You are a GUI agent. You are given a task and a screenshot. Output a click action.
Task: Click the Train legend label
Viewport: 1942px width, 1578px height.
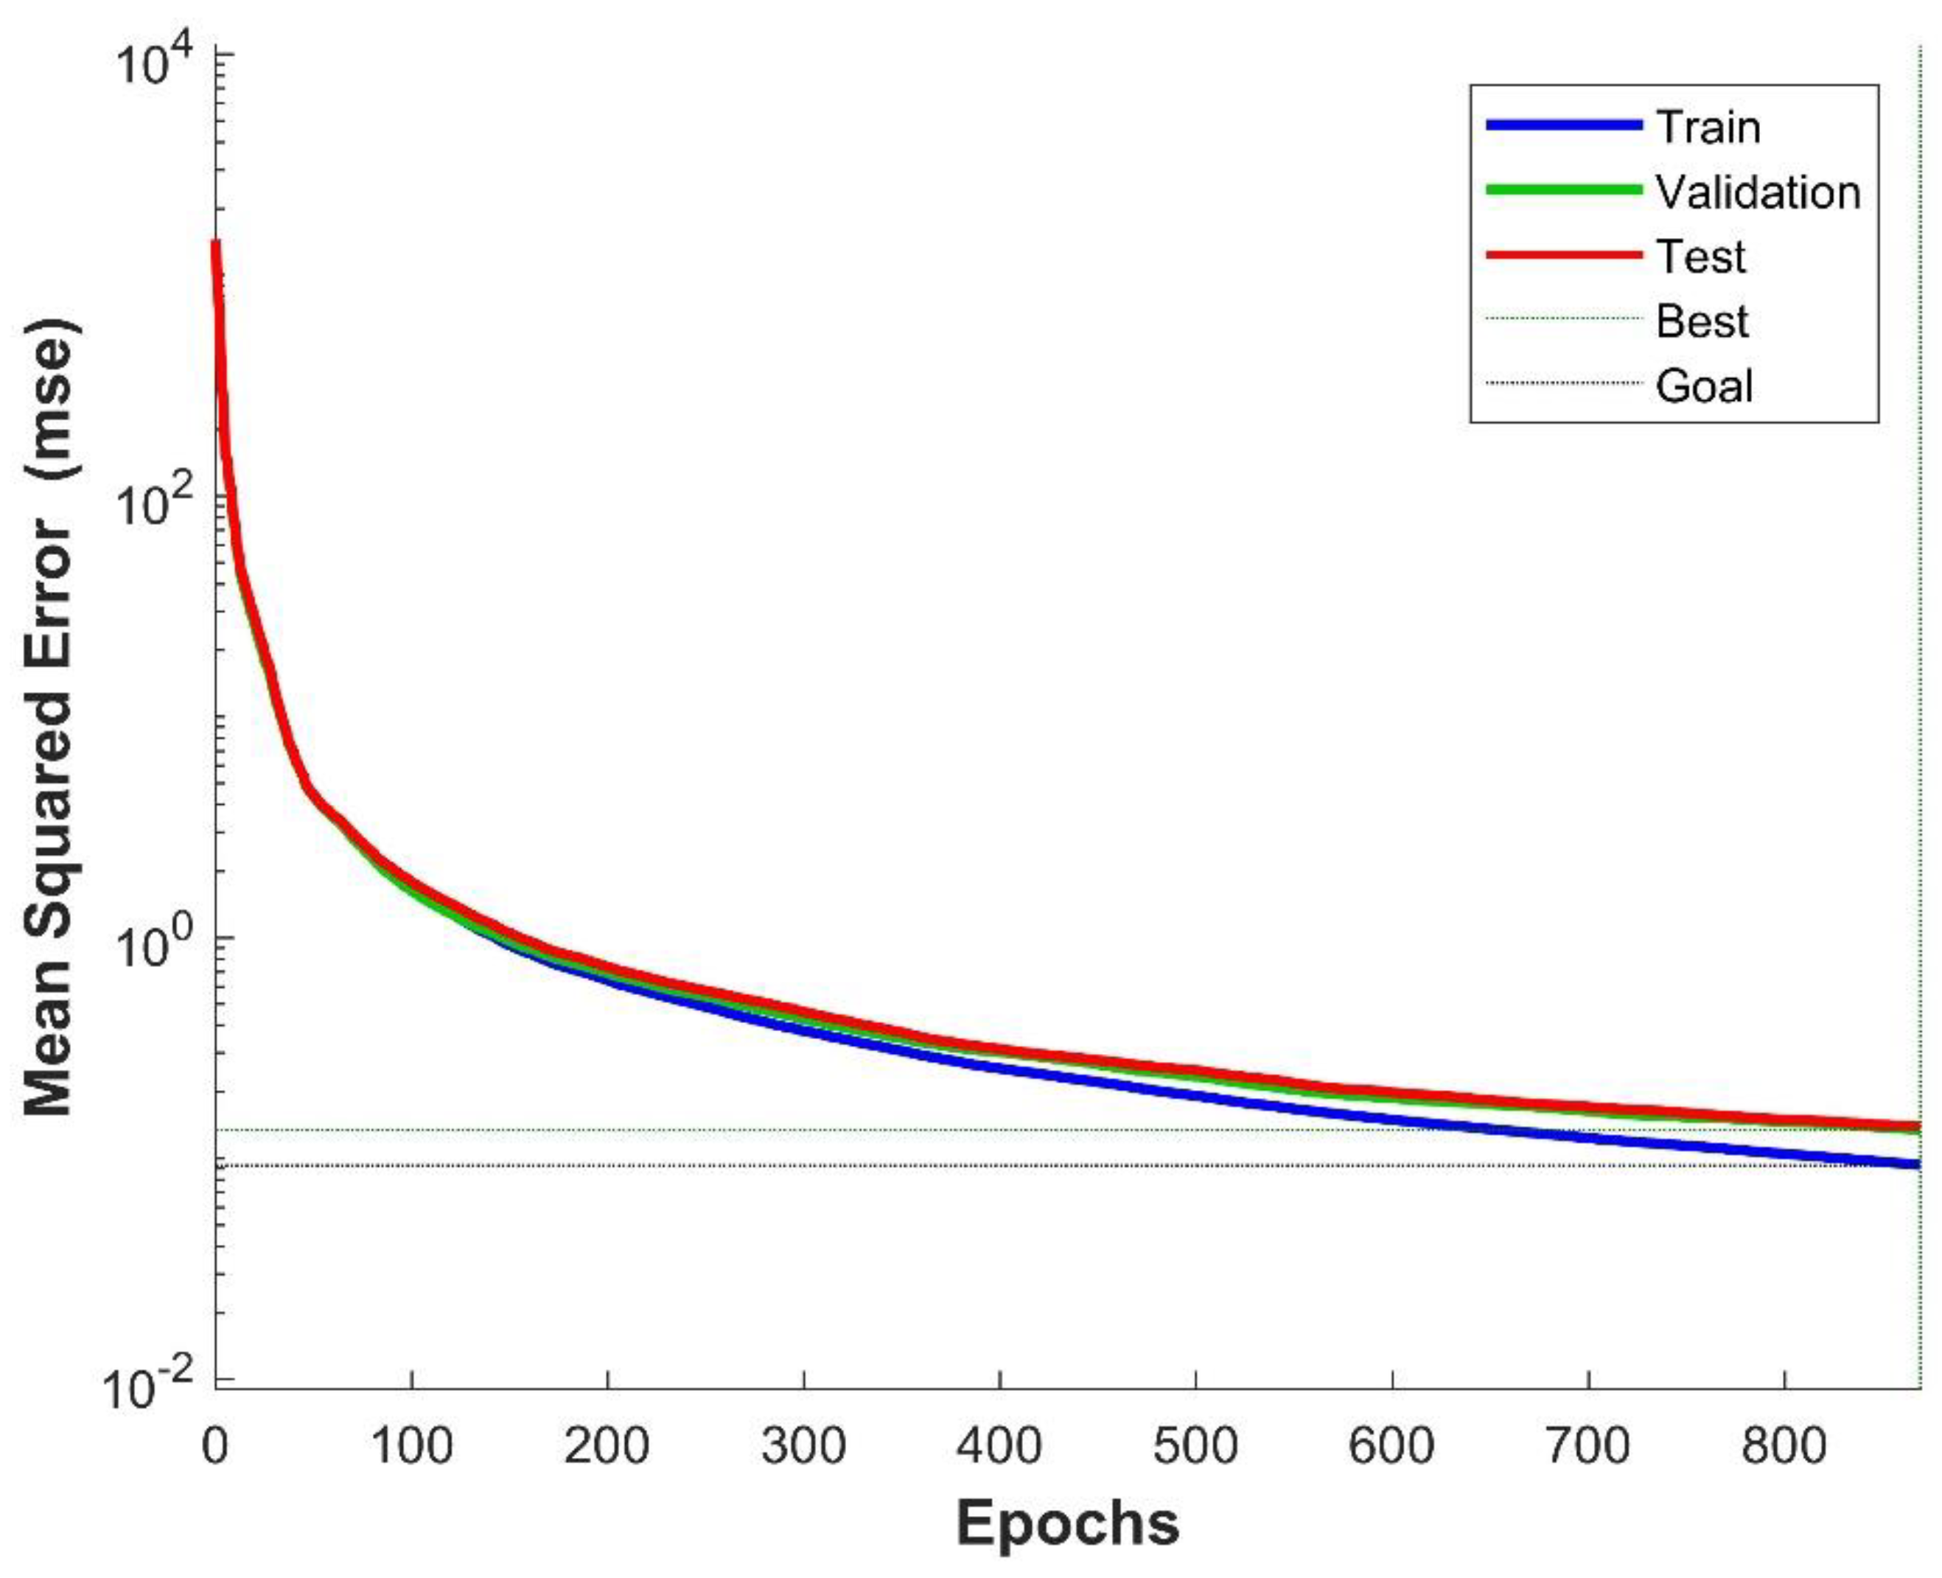point(1708,128)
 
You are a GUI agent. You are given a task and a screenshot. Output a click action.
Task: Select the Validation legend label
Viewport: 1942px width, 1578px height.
point(1758,192)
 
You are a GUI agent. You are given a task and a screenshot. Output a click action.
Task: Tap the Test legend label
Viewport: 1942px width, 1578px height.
point(1700,256)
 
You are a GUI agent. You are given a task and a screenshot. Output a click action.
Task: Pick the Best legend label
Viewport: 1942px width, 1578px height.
point(1701,321)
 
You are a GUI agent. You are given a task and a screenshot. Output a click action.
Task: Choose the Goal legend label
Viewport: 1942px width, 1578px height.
point(1704,385)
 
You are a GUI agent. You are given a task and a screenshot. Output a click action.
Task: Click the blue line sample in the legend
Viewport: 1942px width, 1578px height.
point(1563,125)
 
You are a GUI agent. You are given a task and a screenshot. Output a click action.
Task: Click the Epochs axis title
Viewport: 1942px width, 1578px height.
point(1068,1523)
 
